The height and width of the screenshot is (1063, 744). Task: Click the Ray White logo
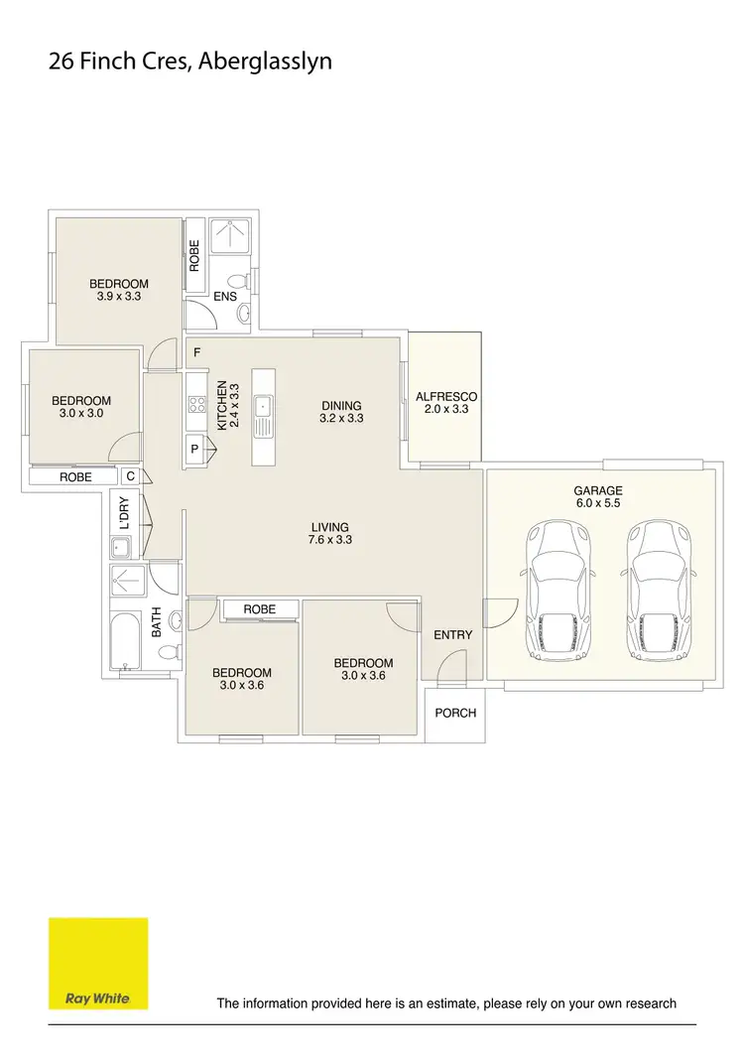pos(98,963)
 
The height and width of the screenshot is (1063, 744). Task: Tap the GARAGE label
pos(598,490)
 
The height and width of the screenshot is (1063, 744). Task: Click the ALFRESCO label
pos(446,396)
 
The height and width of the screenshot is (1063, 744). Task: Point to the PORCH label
pos(455,713)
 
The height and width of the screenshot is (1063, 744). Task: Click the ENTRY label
pos(453,635)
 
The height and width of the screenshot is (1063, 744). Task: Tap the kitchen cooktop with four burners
pos(196,405)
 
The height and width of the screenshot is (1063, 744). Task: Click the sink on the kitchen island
pos(263,407)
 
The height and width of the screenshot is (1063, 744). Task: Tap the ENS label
pos(225,296)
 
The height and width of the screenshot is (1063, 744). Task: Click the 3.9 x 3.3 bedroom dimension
pos(118,296)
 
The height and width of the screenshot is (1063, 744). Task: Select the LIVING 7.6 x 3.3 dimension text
pos(331,540)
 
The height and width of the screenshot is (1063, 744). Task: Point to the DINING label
pos(341,405)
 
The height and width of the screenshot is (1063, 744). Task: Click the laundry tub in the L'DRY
pos(121,546)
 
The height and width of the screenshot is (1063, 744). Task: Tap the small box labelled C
pos(130,476)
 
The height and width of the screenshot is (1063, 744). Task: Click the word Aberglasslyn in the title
pos(264,62)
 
